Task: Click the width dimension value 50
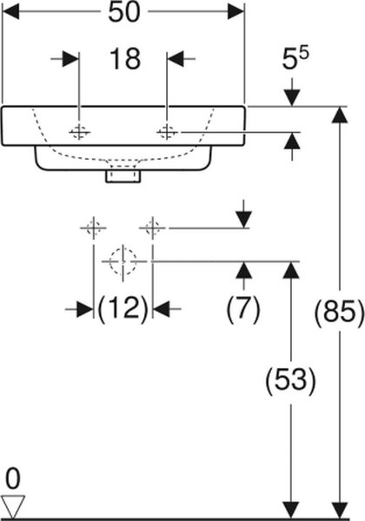(124, 12)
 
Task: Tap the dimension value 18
(124, 59)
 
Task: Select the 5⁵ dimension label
(295, 58)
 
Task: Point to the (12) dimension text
(123, 309)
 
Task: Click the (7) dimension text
(243, 309)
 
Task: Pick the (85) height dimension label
(340, 313)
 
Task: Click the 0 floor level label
(13, 478)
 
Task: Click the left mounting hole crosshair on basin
(79, 132)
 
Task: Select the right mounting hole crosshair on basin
(167, 132)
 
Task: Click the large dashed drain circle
(123, 261)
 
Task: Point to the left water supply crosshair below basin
(93, 228)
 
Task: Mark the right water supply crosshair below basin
(152, 228)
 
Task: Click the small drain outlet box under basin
(123, 176)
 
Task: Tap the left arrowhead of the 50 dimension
(10, 12)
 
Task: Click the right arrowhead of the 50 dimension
(236, 12)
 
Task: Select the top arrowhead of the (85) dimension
(340, 115)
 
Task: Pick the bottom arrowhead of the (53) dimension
(291, 510)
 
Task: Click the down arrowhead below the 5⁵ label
(292, 97)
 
